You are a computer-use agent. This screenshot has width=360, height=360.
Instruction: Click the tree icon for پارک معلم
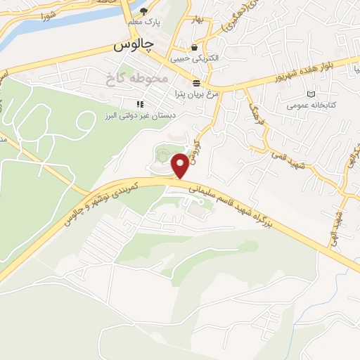pyautogui.click(x=144, y=11)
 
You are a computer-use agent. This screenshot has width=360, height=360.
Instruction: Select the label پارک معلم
pyautogui.click(x=144, y=22)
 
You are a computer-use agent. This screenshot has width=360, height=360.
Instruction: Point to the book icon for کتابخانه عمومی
pyautogui.click(x=311, y=94)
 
